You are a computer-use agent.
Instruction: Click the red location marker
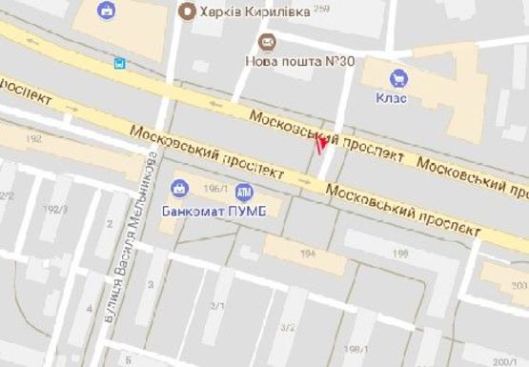tap(320, 144)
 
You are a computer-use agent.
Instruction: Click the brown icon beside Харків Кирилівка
tap(187, 11)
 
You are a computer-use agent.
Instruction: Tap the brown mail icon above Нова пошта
tap(267, 42)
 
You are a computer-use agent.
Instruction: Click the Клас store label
tap(391, 97)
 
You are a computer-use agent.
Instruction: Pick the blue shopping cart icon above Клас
tap(398, 77)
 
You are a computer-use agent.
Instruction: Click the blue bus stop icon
tap(119, 65)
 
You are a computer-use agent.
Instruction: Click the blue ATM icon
tap(244, 191)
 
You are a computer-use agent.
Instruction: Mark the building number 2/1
tap(216, 305)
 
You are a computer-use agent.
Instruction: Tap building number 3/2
tap(287, 327)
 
